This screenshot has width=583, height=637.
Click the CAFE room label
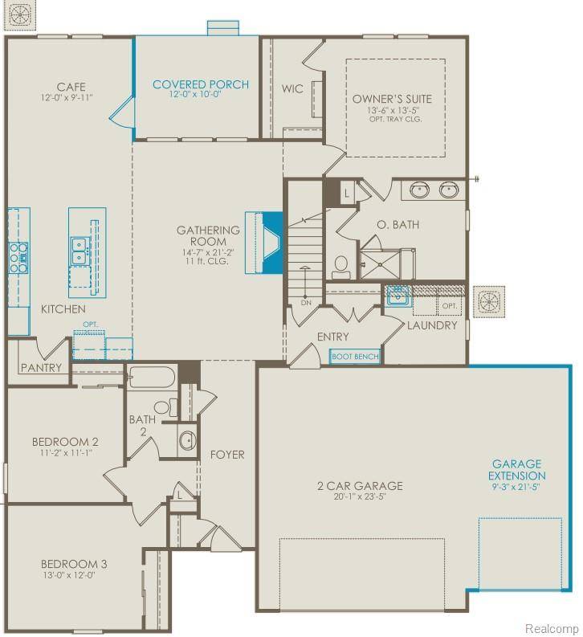click(x=71, y=87)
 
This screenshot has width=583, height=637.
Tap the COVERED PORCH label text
click(x=201, y=84)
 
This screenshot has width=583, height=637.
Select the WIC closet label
click(x=292, y=88)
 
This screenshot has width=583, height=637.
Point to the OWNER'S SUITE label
click(x=392, y=100)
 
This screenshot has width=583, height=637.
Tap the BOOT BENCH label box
click(x=355, y=356)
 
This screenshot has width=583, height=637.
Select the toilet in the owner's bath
click(x=340, y=265)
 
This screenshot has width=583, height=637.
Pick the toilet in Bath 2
click(x=165, y=407)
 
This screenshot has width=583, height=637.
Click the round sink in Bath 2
click(x=188, y=439)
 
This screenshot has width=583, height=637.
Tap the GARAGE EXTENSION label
click(x=516, y=470)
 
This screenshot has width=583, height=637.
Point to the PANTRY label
click(x=42, y=368)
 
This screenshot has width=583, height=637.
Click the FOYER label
click(x=227, y=455)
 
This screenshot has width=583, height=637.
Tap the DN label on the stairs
click(x=306, y=303)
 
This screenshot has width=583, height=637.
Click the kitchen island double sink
click(x=79, y=251)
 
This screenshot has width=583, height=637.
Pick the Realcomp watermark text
click(x=552, y=627)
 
